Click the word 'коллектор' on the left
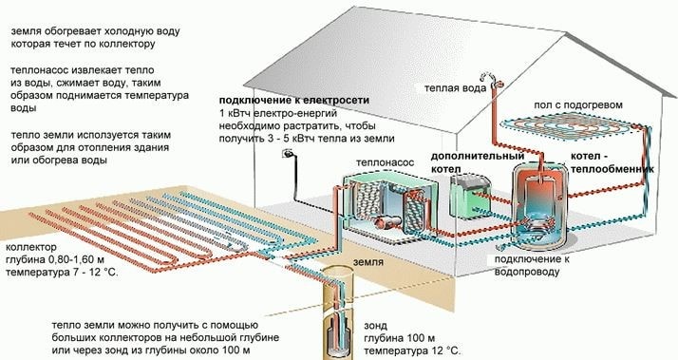point(29,245)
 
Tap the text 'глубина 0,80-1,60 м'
point(60,258)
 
